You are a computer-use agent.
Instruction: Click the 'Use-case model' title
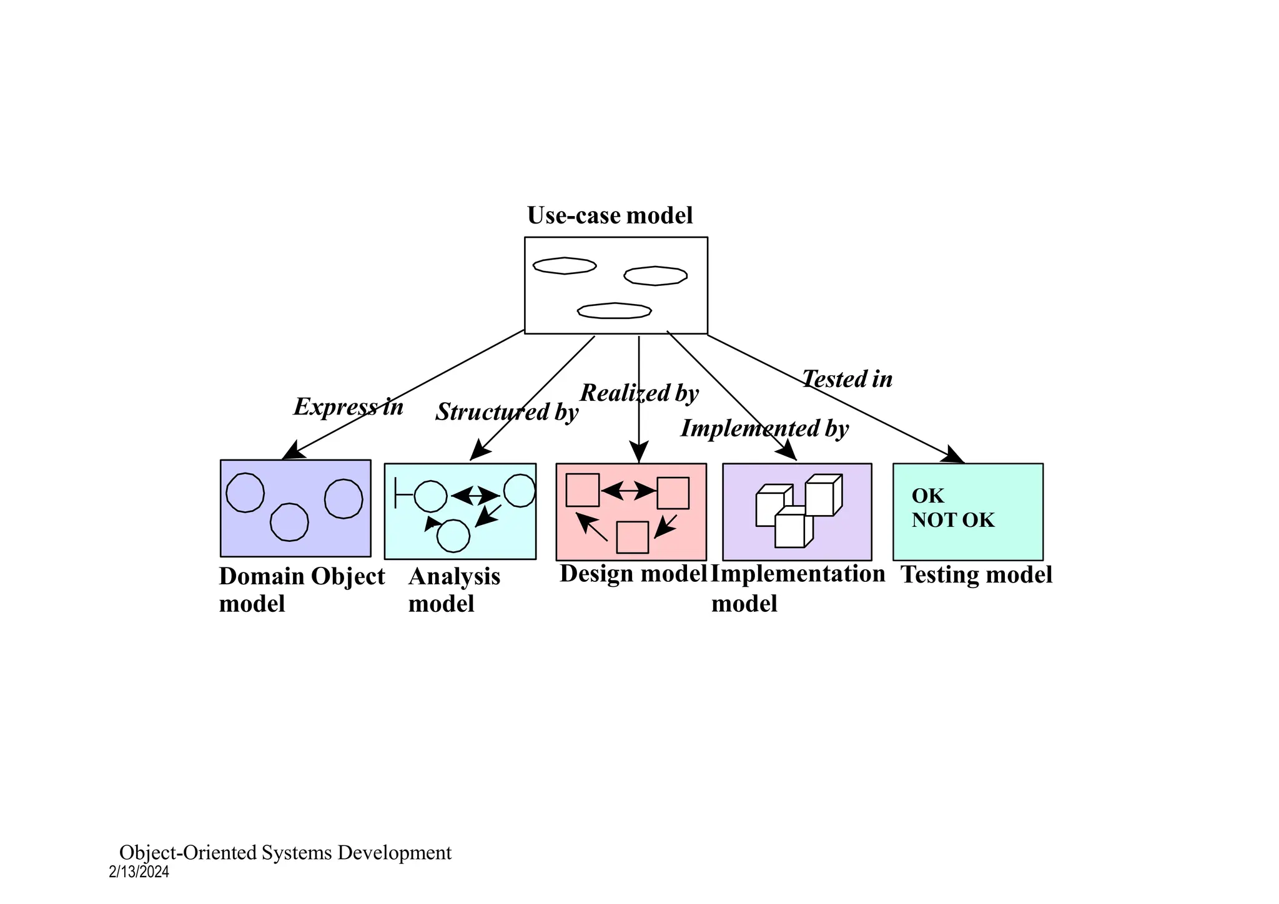(610, 215)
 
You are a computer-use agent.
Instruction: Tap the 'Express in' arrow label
(348, 407)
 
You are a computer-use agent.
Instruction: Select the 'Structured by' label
(506, 412)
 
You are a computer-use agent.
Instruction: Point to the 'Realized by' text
(639, 393)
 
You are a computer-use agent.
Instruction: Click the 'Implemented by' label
(764, 429)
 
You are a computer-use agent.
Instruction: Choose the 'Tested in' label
(847, 379)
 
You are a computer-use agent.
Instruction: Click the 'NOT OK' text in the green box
(952, 520)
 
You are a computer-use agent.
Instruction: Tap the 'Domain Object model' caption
(301, 589)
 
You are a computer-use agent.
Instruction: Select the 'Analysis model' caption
(454, 589)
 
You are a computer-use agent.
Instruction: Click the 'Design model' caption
(633, 574)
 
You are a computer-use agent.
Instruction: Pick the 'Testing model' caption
(976, 575)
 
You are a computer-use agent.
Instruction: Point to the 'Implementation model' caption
(798, 588)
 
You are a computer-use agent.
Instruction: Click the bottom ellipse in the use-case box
(615, 311)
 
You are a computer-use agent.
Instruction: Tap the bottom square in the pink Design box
(632, 538)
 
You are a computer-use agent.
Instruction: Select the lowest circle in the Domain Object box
(289, 522)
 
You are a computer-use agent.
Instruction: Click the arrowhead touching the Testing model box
(954, 456)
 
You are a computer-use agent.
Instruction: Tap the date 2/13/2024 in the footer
(139, 872)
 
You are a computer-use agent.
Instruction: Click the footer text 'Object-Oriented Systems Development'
(285, 853)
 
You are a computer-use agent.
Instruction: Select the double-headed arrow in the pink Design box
(628, 491)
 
